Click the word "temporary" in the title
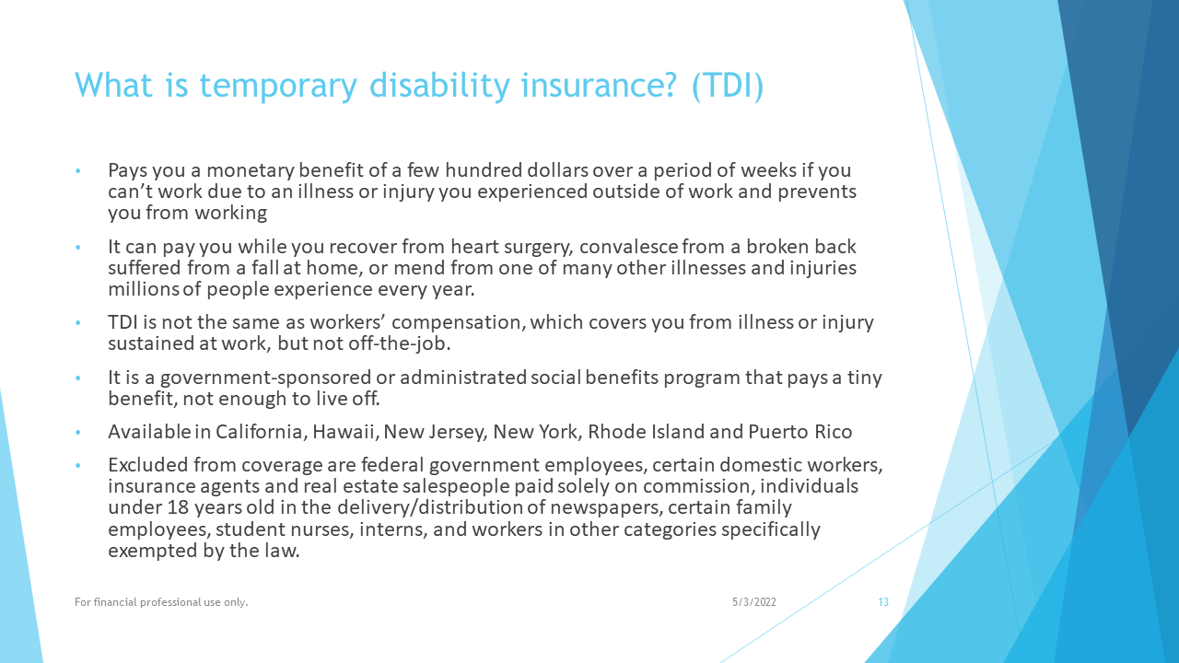click(278, 86)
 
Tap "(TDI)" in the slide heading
click(728, 86)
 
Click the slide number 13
click(883, 602)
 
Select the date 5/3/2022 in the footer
click(754, 602)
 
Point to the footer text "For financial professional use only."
click(161, 602)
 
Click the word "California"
click(260, 432)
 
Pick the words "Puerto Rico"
click(800, 432)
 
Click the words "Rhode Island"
click(646, 432)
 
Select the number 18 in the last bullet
click(178, 507)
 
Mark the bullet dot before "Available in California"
click(78, 433)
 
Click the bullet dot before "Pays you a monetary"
click(78, 171)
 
